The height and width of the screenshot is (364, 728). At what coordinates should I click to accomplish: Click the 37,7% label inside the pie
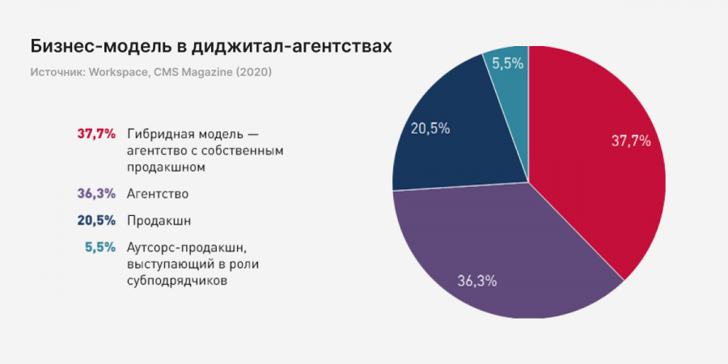click(x=631, y=141)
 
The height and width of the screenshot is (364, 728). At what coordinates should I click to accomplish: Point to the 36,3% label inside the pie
click(x=477, y=281)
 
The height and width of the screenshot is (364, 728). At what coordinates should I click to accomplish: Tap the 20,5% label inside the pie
click(x=430, y=128)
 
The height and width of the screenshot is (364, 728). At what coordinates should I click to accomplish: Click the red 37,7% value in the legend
click(x=96, y=133)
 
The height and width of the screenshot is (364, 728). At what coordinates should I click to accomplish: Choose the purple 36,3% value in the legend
click(x=96, y=194)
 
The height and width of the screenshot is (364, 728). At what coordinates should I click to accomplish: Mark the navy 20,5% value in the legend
click(x=96, y=221)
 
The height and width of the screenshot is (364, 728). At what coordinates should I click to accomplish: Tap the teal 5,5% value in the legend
click(x=100, y=248)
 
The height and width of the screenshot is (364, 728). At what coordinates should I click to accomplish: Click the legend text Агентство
click(x=158, y=194)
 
